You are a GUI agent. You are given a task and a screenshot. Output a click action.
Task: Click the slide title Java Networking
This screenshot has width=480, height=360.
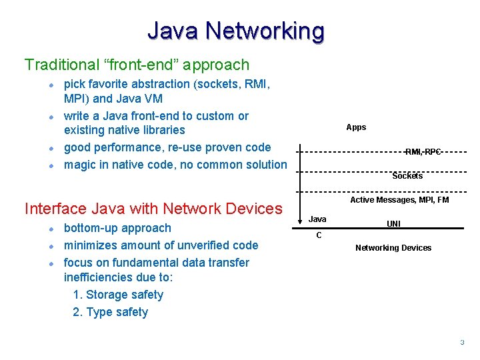236,31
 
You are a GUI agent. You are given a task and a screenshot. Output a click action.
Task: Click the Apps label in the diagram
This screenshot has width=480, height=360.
356,127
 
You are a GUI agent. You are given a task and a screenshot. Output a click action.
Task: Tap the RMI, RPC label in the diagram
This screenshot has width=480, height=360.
423,152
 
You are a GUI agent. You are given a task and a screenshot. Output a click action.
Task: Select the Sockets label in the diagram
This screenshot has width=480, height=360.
407,176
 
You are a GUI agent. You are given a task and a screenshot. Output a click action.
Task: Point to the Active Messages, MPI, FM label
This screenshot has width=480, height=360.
399,200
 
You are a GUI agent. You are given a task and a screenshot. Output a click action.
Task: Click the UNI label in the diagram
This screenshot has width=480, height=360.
393,224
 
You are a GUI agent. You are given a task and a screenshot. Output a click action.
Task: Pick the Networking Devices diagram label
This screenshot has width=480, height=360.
393,248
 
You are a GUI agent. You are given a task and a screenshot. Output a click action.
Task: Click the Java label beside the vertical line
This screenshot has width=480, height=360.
318,219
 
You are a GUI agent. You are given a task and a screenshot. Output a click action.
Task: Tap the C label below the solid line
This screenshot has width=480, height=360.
319,235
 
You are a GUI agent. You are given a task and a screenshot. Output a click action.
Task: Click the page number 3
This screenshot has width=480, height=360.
461,343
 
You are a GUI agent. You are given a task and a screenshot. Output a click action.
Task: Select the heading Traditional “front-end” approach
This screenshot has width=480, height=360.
137,65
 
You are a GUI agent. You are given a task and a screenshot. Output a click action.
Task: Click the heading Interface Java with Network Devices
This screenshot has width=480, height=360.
153,209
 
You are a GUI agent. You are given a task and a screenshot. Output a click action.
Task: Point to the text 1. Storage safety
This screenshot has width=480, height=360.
118,295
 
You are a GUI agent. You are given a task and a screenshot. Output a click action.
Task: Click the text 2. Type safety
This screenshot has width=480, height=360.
110,312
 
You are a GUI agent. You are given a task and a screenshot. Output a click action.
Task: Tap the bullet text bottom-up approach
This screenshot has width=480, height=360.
117,228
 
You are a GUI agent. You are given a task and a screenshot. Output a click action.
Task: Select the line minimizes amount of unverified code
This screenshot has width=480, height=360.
161,245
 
